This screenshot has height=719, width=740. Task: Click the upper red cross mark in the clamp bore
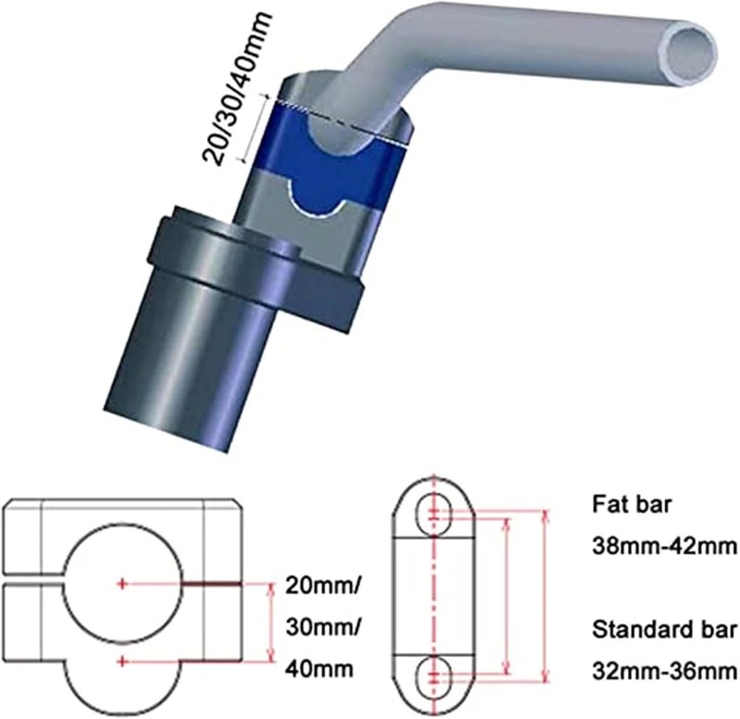pyautogui.click(x=123, y=583)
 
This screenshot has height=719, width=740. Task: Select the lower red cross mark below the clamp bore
pyautogui.click(x=123, y=661)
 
